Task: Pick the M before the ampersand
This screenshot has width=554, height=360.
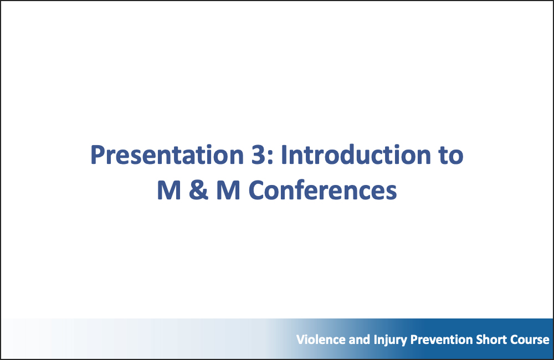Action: click(x=169, y=191)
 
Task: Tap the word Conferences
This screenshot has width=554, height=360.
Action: click(x=323, y=191)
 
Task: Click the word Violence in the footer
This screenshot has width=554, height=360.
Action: click(x=316, y=340)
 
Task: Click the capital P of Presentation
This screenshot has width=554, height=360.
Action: click(x=98, y=156)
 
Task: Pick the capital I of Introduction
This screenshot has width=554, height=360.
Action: click(x=284, y=155)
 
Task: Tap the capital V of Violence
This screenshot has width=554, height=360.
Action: click(x=300, y=340)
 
